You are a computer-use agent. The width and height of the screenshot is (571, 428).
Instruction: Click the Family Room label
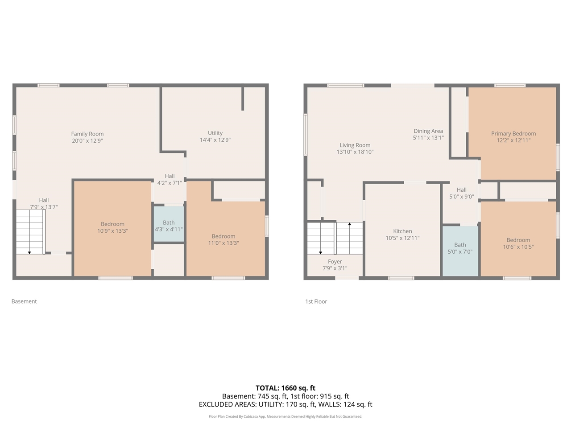coord(87,134)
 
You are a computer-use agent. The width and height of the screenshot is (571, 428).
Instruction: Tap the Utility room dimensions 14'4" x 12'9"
coord(215,140)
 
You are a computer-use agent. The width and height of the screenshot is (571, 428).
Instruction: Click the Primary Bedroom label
coord(513,133)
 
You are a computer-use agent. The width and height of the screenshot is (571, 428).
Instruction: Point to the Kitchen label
coord(402,231)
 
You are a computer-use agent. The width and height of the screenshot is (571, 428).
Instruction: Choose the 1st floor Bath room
coord(460,250)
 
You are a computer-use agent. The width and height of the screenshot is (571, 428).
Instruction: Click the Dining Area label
coord(428,131)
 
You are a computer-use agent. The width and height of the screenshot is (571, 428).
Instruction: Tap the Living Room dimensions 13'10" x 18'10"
coord(355,152)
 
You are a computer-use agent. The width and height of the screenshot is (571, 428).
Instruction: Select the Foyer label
coord(335,262)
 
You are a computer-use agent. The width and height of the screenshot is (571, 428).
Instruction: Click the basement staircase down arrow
coord(29,252)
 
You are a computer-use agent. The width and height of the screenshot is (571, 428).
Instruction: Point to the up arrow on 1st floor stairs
coord(350,224)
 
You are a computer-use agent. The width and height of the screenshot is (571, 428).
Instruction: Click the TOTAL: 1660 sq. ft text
coord(285,388)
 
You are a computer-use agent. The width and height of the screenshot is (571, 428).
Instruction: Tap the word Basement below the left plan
coord(24,301)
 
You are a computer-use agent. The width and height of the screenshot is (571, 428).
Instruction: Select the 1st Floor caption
coord(316,301)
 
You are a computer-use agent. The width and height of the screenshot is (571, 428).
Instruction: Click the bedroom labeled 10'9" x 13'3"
coord(112,228)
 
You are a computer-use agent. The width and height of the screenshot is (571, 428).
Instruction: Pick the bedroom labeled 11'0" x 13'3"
coord(223,240)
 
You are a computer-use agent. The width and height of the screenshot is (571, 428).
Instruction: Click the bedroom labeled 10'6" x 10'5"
coord(518,243)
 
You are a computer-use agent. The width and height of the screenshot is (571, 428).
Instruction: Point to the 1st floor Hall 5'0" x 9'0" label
coord(462,193)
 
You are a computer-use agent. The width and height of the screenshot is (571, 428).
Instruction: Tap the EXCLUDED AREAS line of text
coord(285,404)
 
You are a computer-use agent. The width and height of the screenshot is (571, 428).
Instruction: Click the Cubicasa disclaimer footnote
coord(285,416)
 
